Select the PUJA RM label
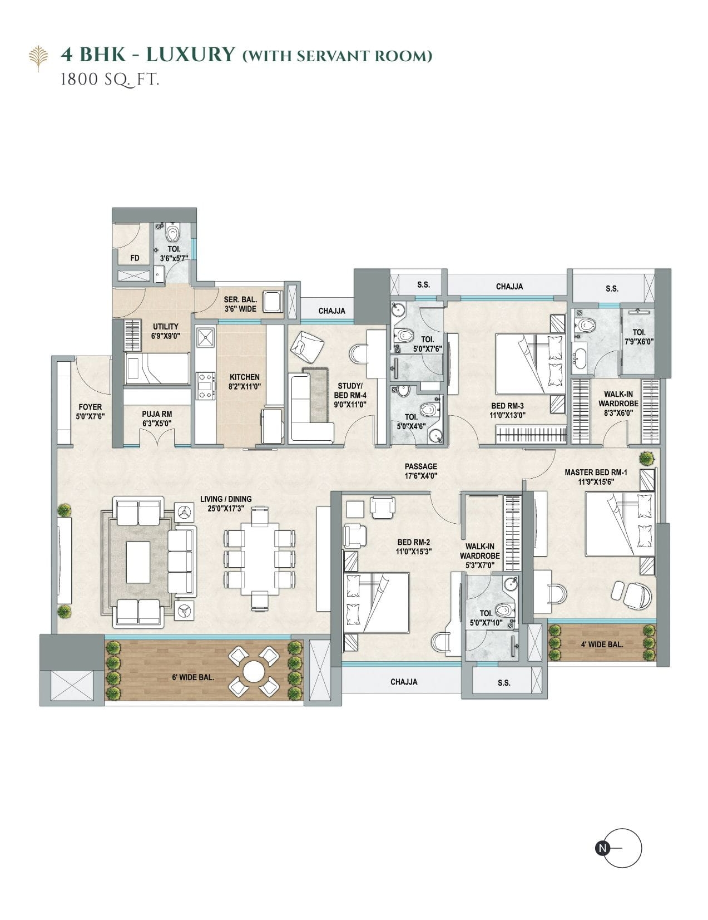157,414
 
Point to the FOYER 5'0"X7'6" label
90,411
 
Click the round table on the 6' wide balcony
254,671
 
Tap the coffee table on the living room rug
138,562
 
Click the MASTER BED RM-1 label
596,472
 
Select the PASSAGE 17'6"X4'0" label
420,471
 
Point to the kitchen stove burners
206,385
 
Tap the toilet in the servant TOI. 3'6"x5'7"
172,232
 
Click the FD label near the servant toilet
135,258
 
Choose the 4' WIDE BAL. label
602,645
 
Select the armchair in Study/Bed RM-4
307,347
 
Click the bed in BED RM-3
531,364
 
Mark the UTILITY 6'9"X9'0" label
165,331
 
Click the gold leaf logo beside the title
38,58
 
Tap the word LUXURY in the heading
190,55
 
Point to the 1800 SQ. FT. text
110,80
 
